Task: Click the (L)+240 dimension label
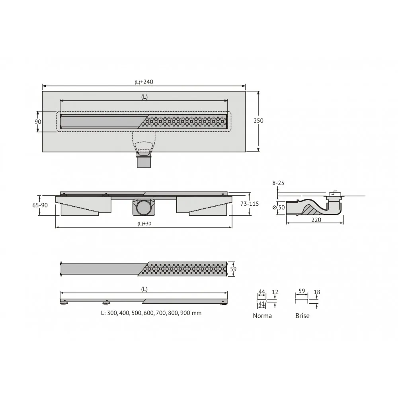coord(144,82)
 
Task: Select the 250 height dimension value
coord(258,121)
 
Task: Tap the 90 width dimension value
coord(38,122)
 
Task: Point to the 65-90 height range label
coord(40,205)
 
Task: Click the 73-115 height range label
coord(250,204)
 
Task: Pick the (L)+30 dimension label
coord(144,224)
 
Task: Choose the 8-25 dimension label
coord(278,183)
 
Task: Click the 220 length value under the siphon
coord(316,220)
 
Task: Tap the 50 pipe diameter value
coord(281,207)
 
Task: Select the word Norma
coord(262,316)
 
